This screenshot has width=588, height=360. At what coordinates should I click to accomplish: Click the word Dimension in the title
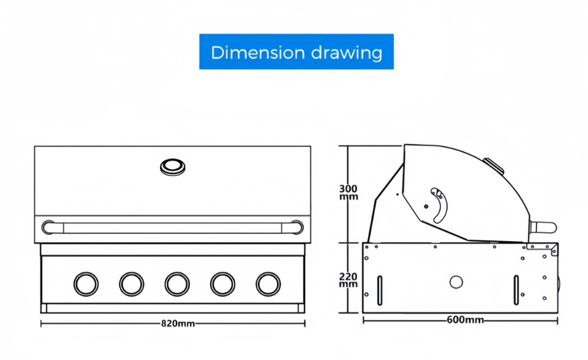coord(258,52)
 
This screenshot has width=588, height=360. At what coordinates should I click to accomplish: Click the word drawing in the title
coord(347,53)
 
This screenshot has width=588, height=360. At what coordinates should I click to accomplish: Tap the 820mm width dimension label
coord(178,323)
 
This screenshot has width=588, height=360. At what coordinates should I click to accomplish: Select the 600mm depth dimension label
coord(465,320)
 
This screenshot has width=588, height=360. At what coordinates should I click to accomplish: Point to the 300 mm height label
coord(349,192)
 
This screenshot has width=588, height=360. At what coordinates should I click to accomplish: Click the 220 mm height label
coord(349,280)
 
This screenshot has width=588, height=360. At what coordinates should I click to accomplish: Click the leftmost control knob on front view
coord(86,284)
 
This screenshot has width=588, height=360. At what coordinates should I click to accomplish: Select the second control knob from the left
coord(132,284)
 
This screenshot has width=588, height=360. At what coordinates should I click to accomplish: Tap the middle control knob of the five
coord(177,284)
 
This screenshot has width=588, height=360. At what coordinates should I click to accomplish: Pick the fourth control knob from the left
coord(223,284)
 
